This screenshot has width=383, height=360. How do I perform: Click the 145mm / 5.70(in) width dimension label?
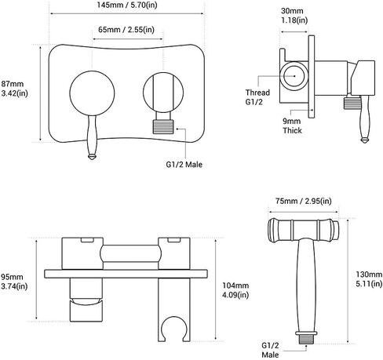click(x=127, y=5)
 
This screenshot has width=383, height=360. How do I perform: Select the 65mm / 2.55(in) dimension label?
click(x=126, y=30)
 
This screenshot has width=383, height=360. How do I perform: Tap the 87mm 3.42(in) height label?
click(x=14, y=89)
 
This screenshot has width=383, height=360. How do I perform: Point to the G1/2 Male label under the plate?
click(x=184, y=165)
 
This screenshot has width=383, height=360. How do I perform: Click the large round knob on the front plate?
click(x=92, y=93)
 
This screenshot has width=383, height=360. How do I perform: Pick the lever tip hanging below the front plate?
click(x=92, y=157)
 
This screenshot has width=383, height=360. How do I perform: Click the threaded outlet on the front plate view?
click(x=163, y=126)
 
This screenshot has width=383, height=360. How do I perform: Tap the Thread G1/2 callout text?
click(x=257, y=97)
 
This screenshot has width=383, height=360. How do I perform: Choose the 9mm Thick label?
click(x=292, y=125)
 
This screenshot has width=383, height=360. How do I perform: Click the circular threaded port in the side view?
click(x=294, y=76)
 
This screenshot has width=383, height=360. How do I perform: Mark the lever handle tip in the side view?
click(x=364, y=140)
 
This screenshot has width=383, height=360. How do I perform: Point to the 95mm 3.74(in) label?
click(x=14, y=282)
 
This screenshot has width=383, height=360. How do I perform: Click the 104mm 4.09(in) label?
click(x=235, y=290)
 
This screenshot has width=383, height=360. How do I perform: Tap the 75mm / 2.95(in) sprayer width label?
click(x=304, y=201)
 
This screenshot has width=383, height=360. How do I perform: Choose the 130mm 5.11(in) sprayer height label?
click(x=369, y=278)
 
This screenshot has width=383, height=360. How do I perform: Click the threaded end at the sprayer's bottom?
click(x=306, y=339)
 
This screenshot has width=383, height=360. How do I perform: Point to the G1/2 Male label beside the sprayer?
click(x=270, y=350)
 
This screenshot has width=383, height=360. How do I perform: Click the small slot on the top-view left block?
click(x=87, y=240)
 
